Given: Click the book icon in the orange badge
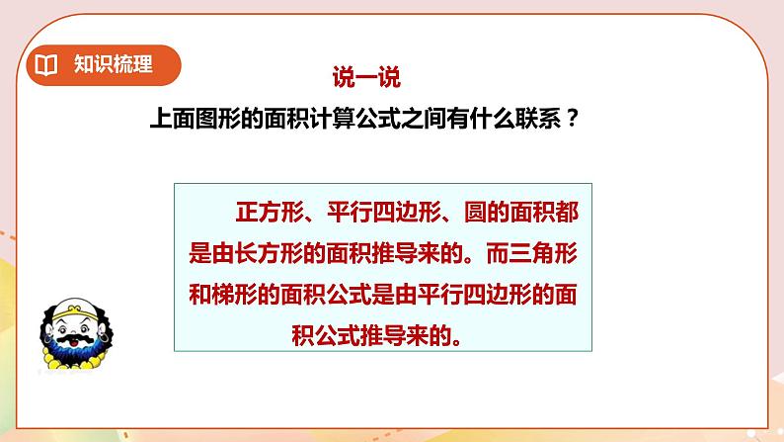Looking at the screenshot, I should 46,66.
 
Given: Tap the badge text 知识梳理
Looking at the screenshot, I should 113,66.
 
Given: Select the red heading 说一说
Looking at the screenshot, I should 364,75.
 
